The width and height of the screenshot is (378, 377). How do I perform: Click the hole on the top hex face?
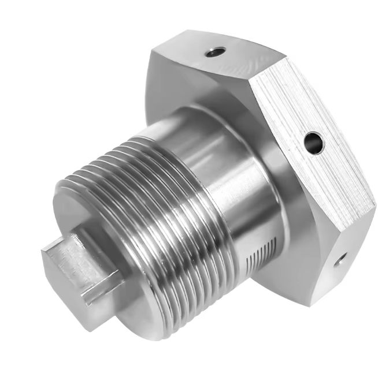pos(214,53)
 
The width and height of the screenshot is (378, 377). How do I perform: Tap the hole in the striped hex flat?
pos(314,141)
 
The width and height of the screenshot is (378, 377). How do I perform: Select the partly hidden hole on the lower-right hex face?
pos(340,260)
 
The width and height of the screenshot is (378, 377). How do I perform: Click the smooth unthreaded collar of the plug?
pos(231,173)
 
